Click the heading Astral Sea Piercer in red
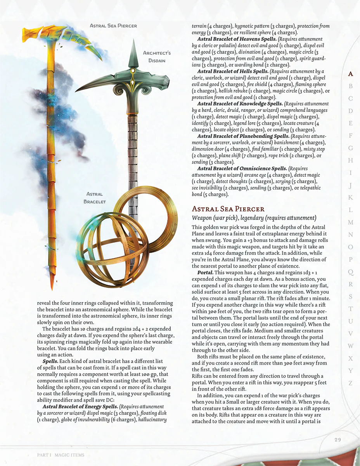[x=228, y=209]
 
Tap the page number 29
[x=337, y=440]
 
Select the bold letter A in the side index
[x=350, y=74]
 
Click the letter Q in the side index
[x=350, y=272]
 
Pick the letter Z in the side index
[x=350, y=383]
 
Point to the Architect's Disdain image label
[x=157, y=57]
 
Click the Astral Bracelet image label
[x=95, y=198]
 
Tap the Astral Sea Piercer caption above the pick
[x=113, y=26]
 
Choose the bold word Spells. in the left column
[x=51, y=361]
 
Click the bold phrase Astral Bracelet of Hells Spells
[x=233, y=71]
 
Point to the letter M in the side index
[x=350, y=223]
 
